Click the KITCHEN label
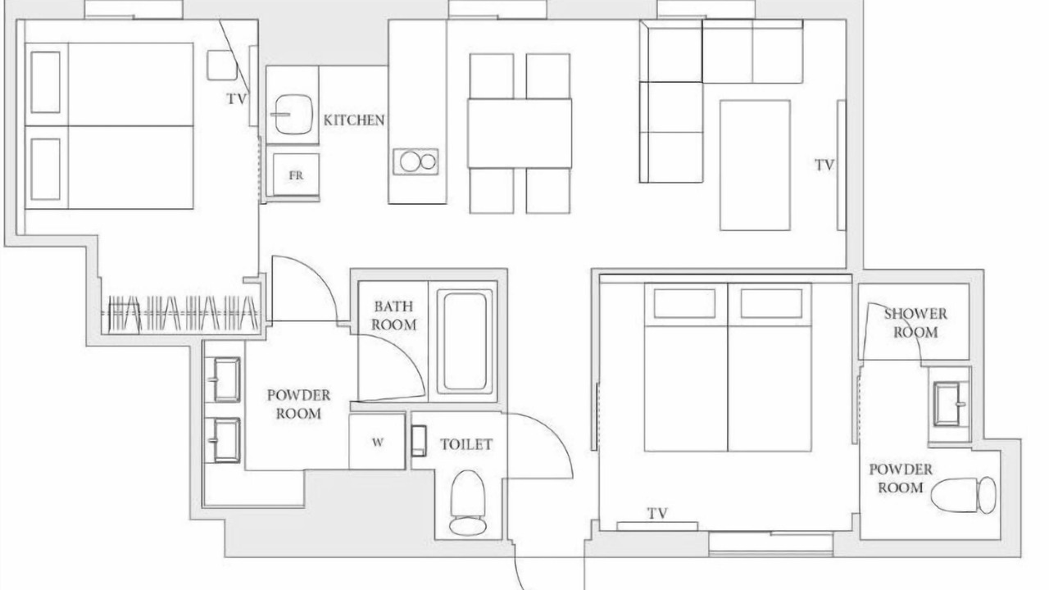coord(354,120)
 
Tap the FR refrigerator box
coord(296,175)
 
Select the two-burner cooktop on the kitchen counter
coord(416,161)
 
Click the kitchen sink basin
coord(293,115)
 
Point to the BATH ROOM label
coord(394,315)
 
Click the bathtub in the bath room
coord(465,342)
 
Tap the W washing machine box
coord(377,442)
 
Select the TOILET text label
coord(466,444)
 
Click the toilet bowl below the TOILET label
coord(468,503)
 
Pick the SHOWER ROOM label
coord(915,323)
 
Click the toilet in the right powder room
coord(963,495)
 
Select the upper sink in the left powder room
coord(227,379)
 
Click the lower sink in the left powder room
coord(227,440)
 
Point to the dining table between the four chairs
coord(520,133)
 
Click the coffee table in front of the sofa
coord(755,166)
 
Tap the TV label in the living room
coord(824,166)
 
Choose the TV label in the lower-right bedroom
coord(657,514)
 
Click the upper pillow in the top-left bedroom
coord(45,82)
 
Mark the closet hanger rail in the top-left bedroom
coord(180,313)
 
